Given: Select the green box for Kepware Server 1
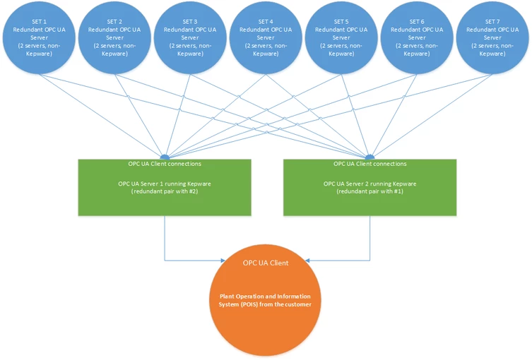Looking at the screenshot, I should pos(165,187).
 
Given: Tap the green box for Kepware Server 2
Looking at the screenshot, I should pos(370,187).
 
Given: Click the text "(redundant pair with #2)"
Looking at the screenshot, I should pos(165,191).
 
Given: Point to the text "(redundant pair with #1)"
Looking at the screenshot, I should pos(370,191).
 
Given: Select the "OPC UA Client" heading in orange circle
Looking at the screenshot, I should pos(265,263).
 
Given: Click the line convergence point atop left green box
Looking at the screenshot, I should pos(165,157).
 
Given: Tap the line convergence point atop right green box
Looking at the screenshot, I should pos(370,157).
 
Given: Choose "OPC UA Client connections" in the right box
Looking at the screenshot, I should pos(370,164).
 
